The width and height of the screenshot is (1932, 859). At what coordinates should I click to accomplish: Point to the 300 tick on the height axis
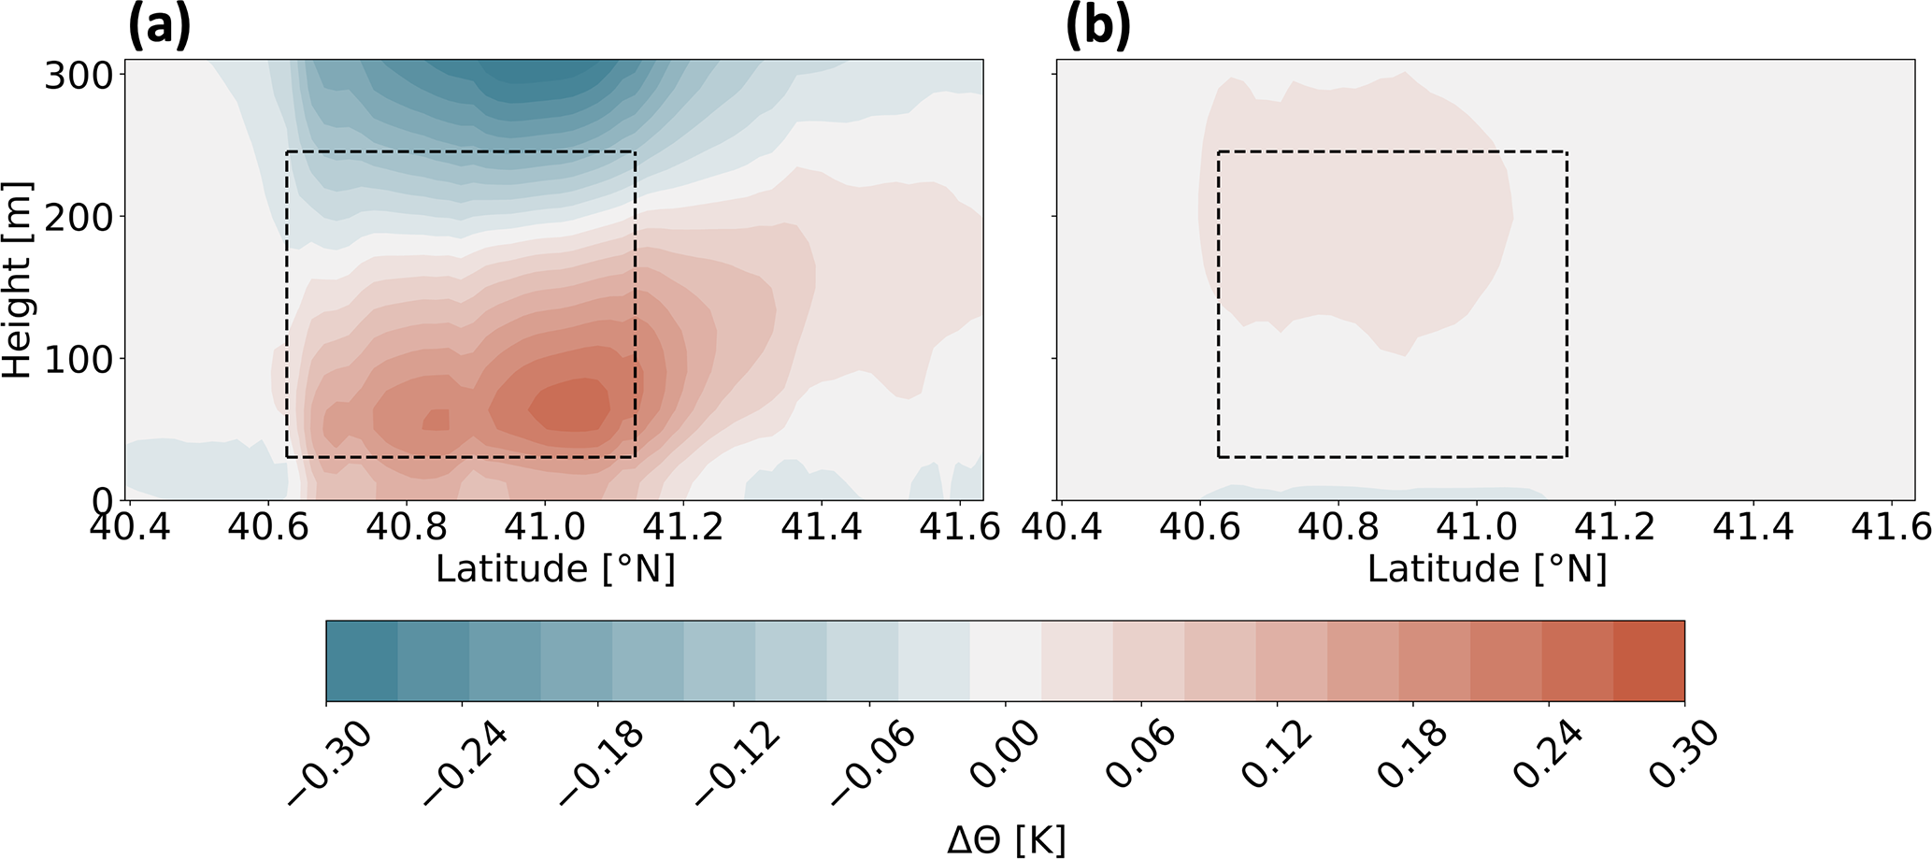click(x=79, y=76)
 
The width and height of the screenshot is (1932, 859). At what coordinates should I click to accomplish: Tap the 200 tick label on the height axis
click(x=79, y=217)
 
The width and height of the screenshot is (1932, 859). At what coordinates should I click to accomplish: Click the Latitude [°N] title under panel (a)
click(x=555, y=569)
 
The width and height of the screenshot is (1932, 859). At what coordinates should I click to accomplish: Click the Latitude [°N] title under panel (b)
click(x=1487, y=569)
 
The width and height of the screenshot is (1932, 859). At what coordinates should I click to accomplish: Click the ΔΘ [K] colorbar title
click(x=1006, y=841)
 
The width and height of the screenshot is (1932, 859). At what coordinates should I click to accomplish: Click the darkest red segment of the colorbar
click(x=1649, y=660)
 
